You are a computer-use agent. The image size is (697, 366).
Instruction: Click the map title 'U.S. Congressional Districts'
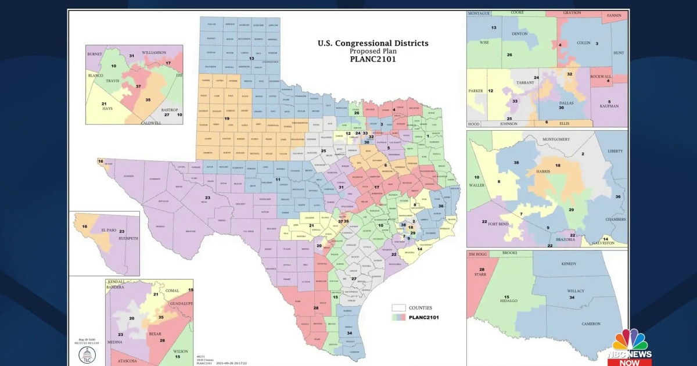[x=373, y=43]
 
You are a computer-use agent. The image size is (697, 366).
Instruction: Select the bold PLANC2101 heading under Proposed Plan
[x=373, y=59]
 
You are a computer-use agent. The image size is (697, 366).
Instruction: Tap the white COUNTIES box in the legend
[x=398, y=308]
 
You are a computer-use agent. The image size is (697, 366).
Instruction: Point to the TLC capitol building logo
[x=87, y=356]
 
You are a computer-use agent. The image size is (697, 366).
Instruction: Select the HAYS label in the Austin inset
[x=108, y=109]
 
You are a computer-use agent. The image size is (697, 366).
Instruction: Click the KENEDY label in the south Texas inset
[x=569, y=264]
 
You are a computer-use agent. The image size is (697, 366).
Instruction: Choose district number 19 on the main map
[x=219, y=119]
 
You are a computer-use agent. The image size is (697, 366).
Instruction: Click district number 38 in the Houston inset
[x=516, y=162]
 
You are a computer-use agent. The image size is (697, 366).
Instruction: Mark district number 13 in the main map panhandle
[x=252, y=59]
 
